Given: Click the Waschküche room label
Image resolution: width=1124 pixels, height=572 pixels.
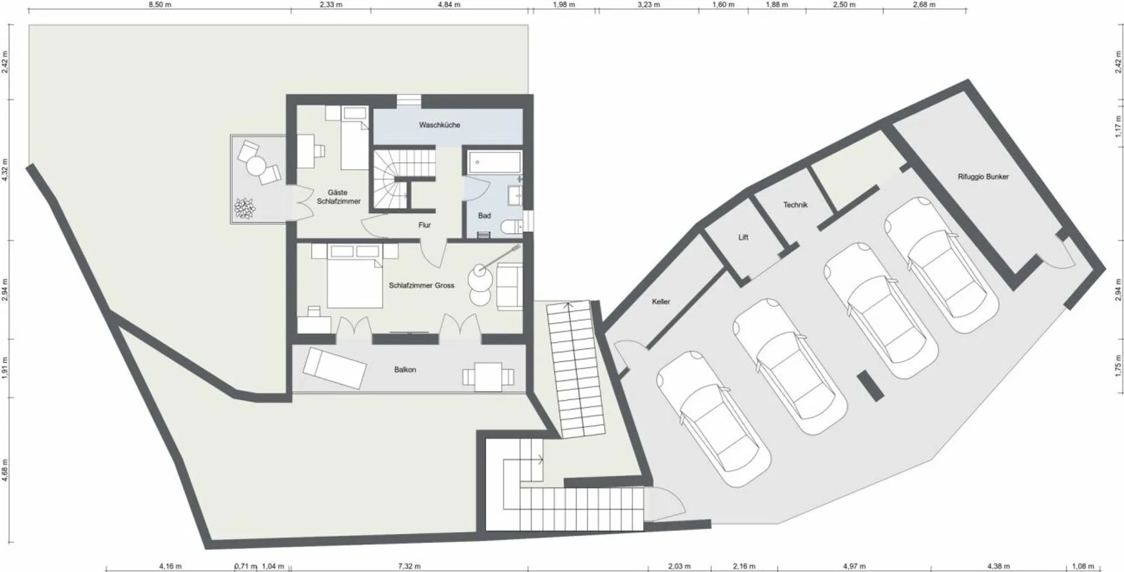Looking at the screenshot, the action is pyautogui.click(x=439, y=125).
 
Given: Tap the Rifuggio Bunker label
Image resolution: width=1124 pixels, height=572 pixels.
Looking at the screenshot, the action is pyautogui.click(x=983, y=176).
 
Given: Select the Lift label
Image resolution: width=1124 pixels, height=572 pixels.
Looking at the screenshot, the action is pyautogui.click(x=743, y=237).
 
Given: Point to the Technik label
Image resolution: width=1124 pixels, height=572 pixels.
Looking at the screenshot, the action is pyautogui.click(x=795, y=205).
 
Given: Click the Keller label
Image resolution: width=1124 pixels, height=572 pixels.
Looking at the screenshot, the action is pyautogui.click(x=661, y=302).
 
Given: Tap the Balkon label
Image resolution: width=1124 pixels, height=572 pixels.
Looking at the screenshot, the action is pyautogui.click(x=405, y=370).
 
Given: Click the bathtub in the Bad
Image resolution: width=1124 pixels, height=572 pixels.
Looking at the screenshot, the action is pyautogui.click(x=495, y=162).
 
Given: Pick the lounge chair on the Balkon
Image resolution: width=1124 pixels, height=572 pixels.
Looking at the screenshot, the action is pyautogui.click(x=334, y=368).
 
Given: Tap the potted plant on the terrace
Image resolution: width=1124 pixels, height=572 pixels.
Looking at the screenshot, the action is pyautogui.click(x=245, y=208).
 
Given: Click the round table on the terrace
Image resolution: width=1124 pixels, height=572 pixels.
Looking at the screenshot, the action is pyautogui.click(x=256, y=167).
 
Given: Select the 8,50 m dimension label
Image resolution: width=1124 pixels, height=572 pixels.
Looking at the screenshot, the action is pyautogui.click(x=160, y=5).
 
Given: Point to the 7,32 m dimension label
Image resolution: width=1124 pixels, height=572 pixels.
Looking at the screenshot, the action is pyautogui.click(x=409, y=566).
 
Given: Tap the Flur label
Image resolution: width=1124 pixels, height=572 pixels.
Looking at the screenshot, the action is pyautogui.click(x=424, y=225).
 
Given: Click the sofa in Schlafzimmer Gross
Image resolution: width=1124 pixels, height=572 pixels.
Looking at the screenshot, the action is pyautogui.click(x=510, y=286).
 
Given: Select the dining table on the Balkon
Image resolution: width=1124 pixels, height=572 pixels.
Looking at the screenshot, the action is pyautogui.click(x=488, y=376).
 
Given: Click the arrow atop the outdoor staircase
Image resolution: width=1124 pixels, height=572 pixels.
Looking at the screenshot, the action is pyautogui.click(x=567, y=305).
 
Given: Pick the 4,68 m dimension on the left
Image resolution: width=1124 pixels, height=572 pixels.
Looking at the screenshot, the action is pyautogui.click(x=5, y=470).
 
